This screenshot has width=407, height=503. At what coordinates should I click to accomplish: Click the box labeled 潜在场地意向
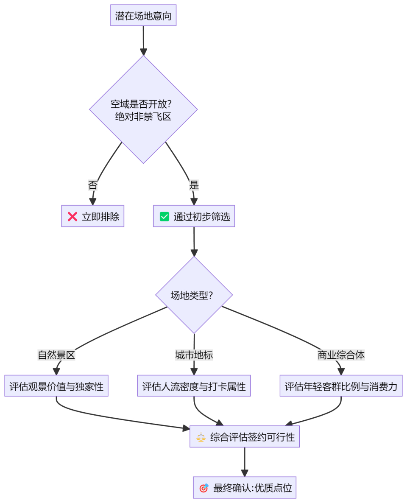click(143, 16)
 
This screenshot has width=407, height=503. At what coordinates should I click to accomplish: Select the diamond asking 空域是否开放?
click(143, 109)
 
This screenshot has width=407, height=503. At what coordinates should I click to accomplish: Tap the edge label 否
click(92, 185)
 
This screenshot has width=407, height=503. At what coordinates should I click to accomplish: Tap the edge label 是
click(194, 185)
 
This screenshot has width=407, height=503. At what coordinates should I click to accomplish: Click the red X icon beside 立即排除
click(72, 217)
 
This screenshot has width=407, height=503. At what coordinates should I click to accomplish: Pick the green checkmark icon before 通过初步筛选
click(164, 217)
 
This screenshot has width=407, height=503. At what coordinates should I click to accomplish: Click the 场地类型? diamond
click(194, 295)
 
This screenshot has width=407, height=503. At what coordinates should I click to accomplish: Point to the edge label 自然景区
click(56, 355)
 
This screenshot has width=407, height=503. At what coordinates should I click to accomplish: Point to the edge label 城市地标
click(194, 355)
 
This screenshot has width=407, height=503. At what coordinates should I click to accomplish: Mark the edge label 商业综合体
click(341, 355)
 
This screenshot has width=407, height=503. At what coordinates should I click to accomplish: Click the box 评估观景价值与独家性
click(56, 386)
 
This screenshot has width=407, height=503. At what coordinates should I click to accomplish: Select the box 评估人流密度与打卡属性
click(194, 386)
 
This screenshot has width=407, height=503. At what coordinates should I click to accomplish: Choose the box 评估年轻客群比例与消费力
click(341, 386)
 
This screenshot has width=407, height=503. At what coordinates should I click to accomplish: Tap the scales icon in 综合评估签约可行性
click(201, 437)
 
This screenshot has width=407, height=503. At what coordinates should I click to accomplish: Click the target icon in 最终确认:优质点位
click(204, 488)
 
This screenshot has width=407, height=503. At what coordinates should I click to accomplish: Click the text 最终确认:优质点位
click(253, 488)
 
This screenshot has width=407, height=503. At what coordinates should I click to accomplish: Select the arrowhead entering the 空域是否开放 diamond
click(143, 52)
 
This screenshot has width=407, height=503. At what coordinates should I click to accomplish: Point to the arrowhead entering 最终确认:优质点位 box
click(245, 473)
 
